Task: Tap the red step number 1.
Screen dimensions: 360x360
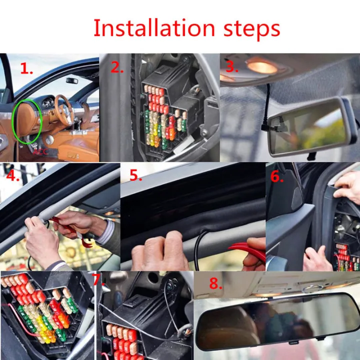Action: [26, 69]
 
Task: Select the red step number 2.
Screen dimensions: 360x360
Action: [116, 68]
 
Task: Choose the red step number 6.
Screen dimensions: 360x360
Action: [276, 176]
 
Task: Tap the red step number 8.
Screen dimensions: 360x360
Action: [215, 283]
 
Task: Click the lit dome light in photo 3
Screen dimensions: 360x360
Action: [261, 66]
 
